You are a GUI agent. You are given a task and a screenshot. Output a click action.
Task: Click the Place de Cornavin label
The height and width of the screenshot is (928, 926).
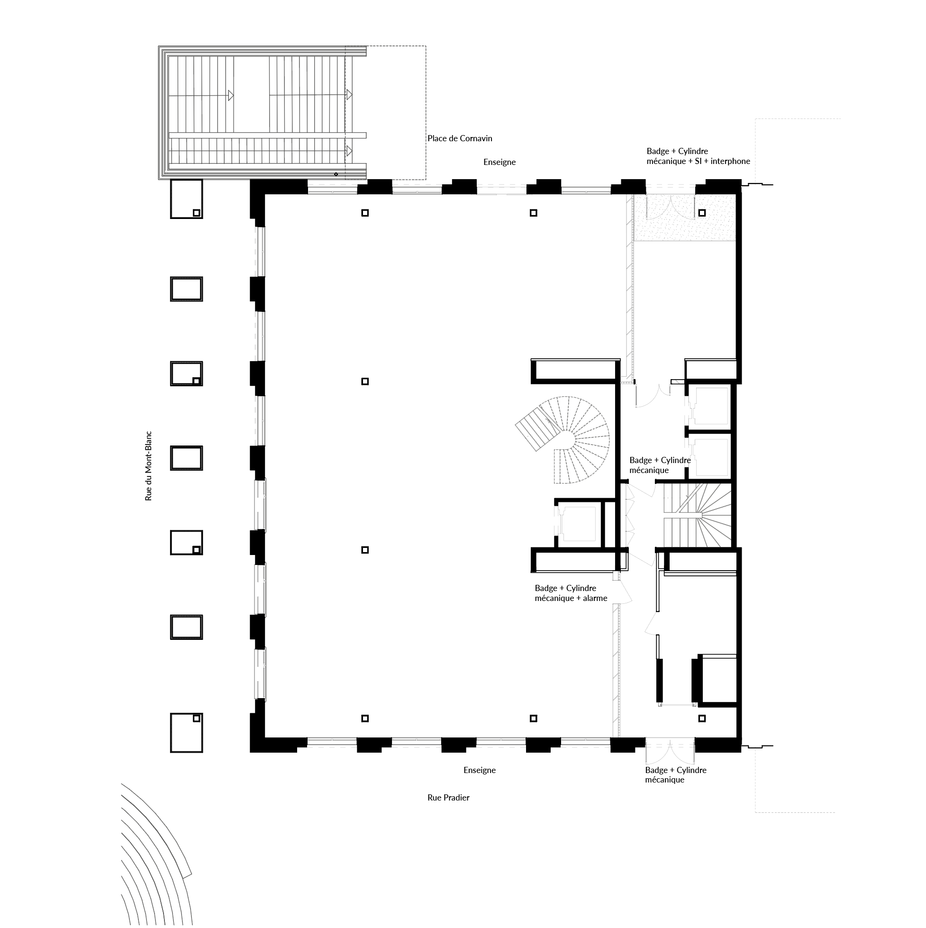(460, 138)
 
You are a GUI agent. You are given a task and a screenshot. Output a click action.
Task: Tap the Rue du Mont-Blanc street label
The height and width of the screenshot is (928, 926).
(148, 465)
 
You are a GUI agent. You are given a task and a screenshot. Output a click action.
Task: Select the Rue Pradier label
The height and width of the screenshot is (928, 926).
(448, 797)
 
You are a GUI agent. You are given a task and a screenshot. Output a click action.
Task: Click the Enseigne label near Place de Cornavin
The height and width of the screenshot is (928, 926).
(499, 163)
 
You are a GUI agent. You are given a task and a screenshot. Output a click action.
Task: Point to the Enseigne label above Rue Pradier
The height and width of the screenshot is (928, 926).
(479, 770)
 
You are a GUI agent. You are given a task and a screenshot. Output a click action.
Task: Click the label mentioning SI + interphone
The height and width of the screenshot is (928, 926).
(698, 156)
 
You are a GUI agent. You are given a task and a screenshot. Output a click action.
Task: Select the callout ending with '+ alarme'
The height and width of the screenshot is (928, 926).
(571, 593)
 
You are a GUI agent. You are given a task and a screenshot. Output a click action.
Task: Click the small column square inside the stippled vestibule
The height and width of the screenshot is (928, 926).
(702, 213)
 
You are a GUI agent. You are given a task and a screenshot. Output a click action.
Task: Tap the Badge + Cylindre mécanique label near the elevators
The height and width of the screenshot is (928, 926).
(660, 465)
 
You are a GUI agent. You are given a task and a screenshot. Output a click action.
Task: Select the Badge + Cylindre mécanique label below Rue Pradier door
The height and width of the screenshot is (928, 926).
(675, 774)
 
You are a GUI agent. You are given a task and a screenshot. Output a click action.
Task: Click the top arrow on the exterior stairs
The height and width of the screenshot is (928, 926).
(231, 95)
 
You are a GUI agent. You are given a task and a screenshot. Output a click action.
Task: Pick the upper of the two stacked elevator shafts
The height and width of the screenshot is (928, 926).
(710, 406)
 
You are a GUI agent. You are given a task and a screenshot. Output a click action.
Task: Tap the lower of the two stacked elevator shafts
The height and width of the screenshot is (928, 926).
(710, 456)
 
